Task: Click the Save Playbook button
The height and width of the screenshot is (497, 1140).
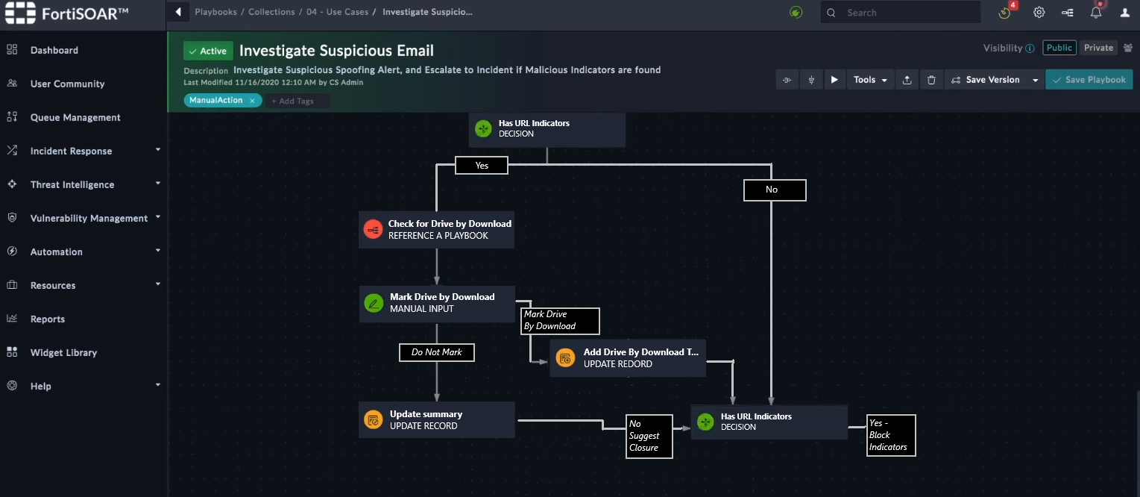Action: [1089, 79]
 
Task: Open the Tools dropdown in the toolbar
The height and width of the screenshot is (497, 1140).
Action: [870, 79]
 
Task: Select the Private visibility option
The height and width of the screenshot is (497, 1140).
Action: [1098, 47]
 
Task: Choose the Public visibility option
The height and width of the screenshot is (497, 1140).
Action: [1059, 47]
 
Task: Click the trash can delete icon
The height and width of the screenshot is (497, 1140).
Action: [931, 79]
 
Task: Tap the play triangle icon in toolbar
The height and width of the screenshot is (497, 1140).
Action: [834, 79]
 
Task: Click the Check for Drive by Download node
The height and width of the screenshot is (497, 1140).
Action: [436, 230]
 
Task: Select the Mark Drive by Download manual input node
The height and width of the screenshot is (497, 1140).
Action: [437, 304]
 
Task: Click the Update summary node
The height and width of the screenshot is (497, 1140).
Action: [437, 420]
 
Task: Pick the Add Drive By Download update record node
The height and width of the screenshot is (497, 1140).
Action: [628, 358]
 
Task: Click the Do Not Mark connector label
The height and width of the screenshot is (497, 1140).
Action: [437, 352]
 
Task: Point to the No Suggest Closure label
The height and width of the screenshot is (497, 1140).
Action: [649, 437]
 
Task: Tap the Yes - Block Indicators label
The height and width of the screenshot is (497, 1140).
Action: [891, 435]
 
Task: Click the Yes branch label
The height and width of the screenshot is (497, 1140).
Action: [482, 166]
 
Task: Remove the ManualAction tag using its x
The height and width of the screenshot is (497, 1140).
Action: [252, 101]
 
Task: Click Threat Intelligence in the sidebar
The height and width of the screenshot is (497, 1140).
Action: [72, 184]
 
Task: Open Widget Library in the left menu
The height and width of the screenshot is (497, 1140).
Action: [63, 352]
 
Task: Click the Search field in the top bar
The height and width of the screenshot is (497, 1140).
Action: [901, 12]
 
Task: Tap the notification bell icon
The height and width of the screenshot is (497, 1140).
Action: [1096, 13]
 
